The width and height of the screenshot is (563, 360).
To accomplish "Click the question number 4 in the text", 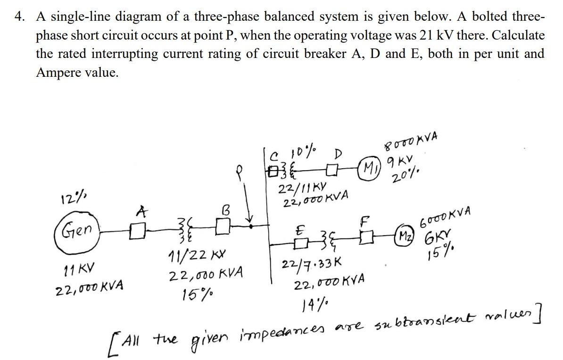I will coord(19,17).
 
